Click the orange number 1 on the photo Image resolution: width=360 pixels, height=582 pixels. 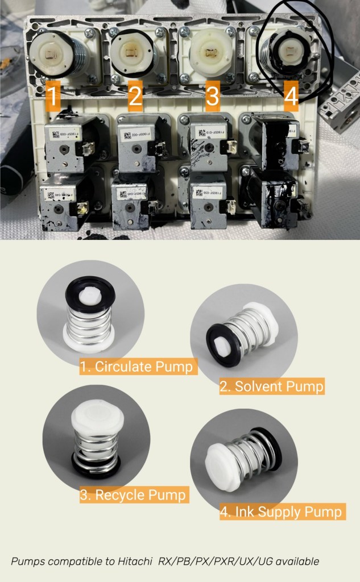click(52, 97)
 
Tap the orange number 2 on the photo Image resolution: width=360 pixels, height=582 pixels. click(135, 97)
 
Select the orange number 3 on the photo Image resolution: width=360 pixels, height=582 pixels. click(212, 97)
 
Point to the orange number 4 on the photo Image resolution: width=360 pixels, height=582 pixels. click(291, 96)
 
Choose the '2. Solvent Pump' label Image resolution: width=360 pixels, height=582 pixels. click(272, 387)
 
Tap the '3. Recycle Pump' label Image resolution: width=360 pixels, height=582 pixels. click(133, 495)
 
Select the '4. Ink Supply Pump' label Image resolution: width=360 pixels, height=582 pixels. click(282, 512)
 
